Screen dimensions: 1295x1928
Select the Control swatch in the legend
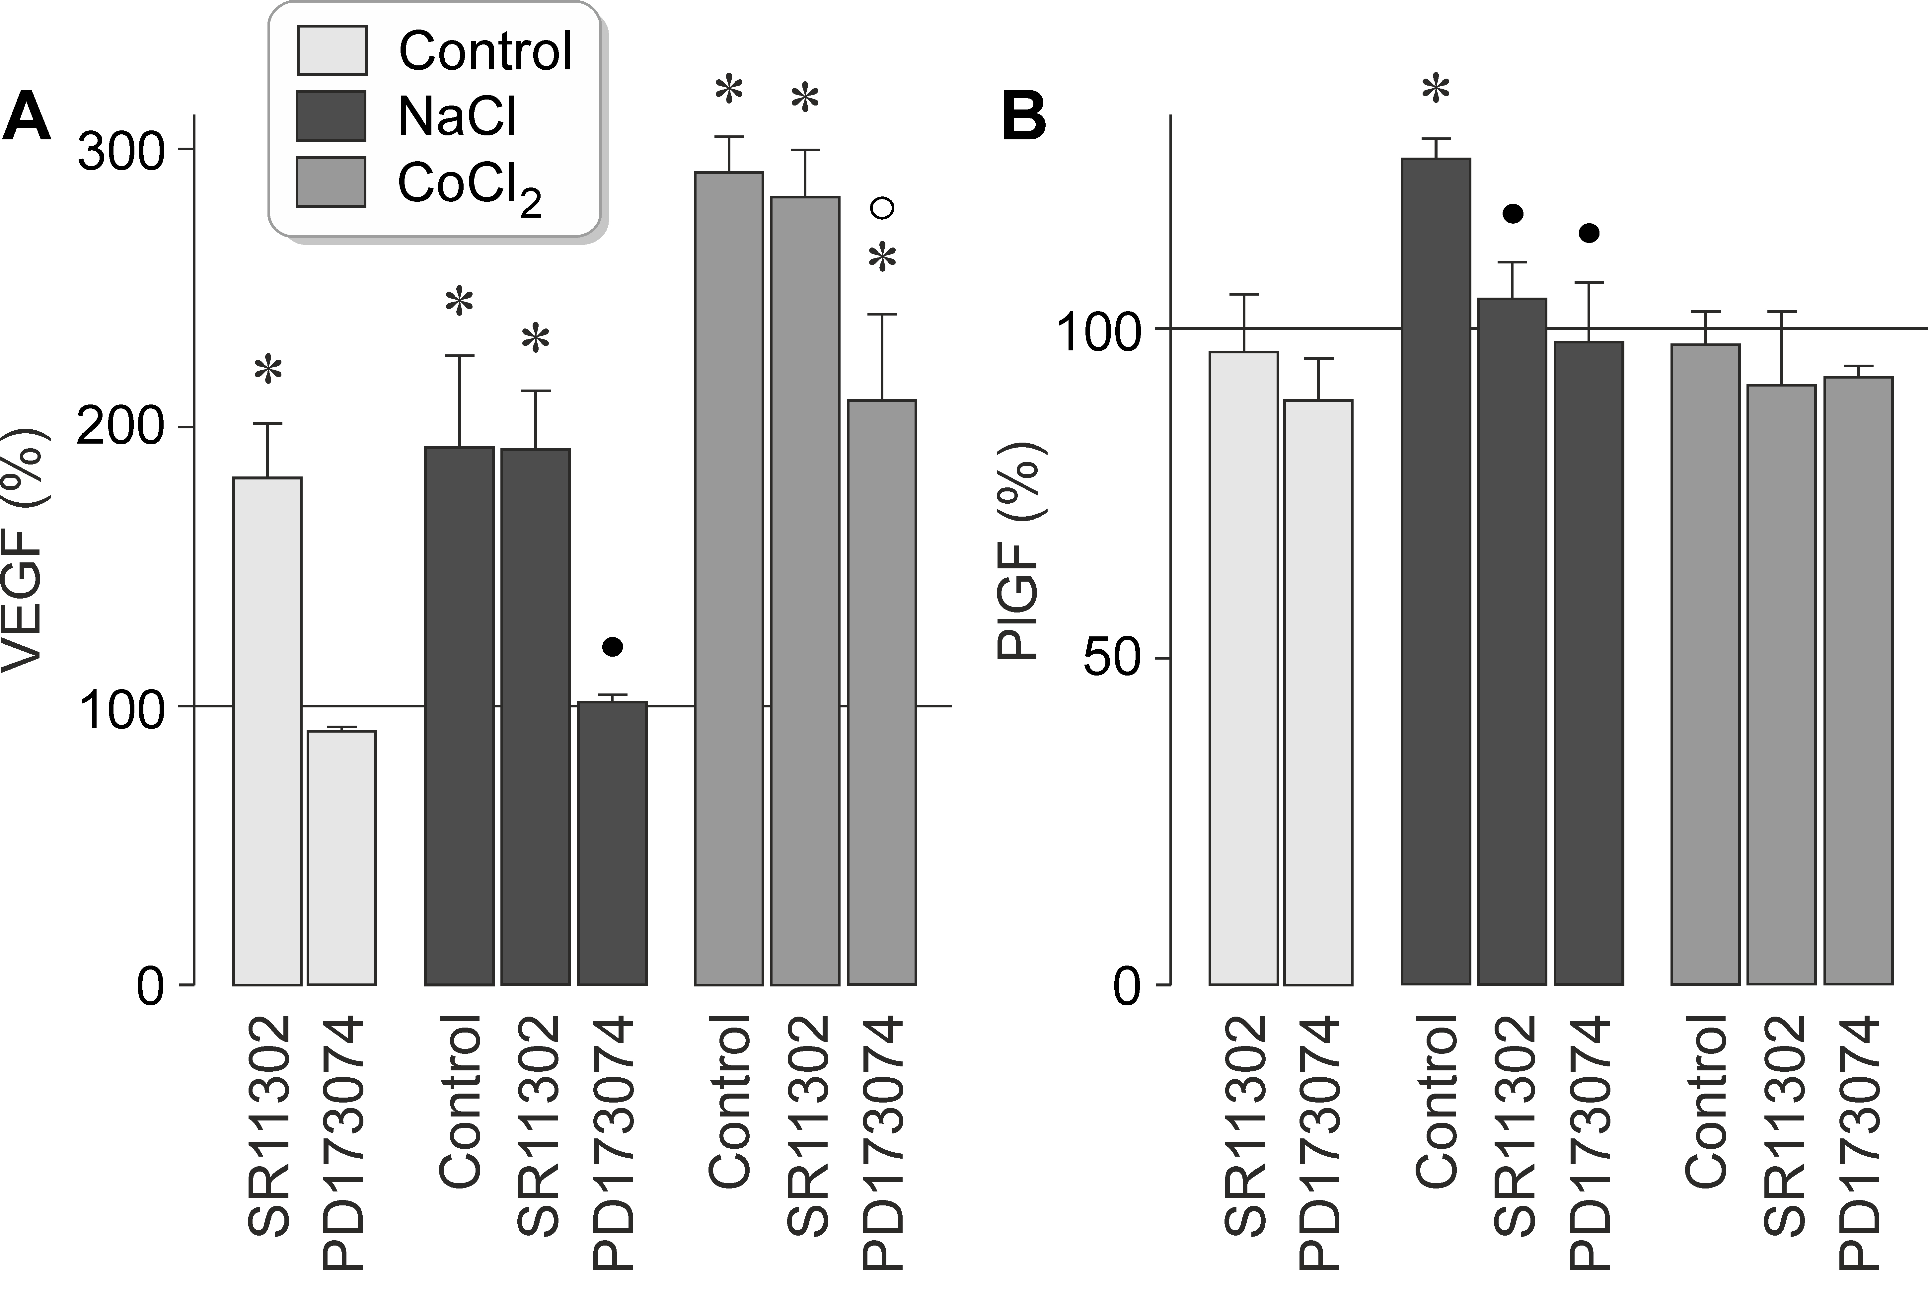tap(331, 51)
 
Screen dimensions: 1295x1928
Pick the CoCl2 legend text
tap(469, 185)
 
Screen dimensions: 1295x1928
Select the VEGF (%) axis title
tap(25, 549)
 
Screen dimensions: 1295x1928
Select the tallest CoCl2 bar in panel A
tap(729, 578)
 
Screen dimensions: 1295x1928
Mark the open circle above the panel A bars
tap(883, 207)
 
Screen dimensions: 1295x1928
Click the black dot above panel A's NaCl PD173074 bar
tap(612, 647)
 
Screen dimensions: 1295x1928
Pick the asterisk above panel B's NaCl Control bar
tap(1436, 89)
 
